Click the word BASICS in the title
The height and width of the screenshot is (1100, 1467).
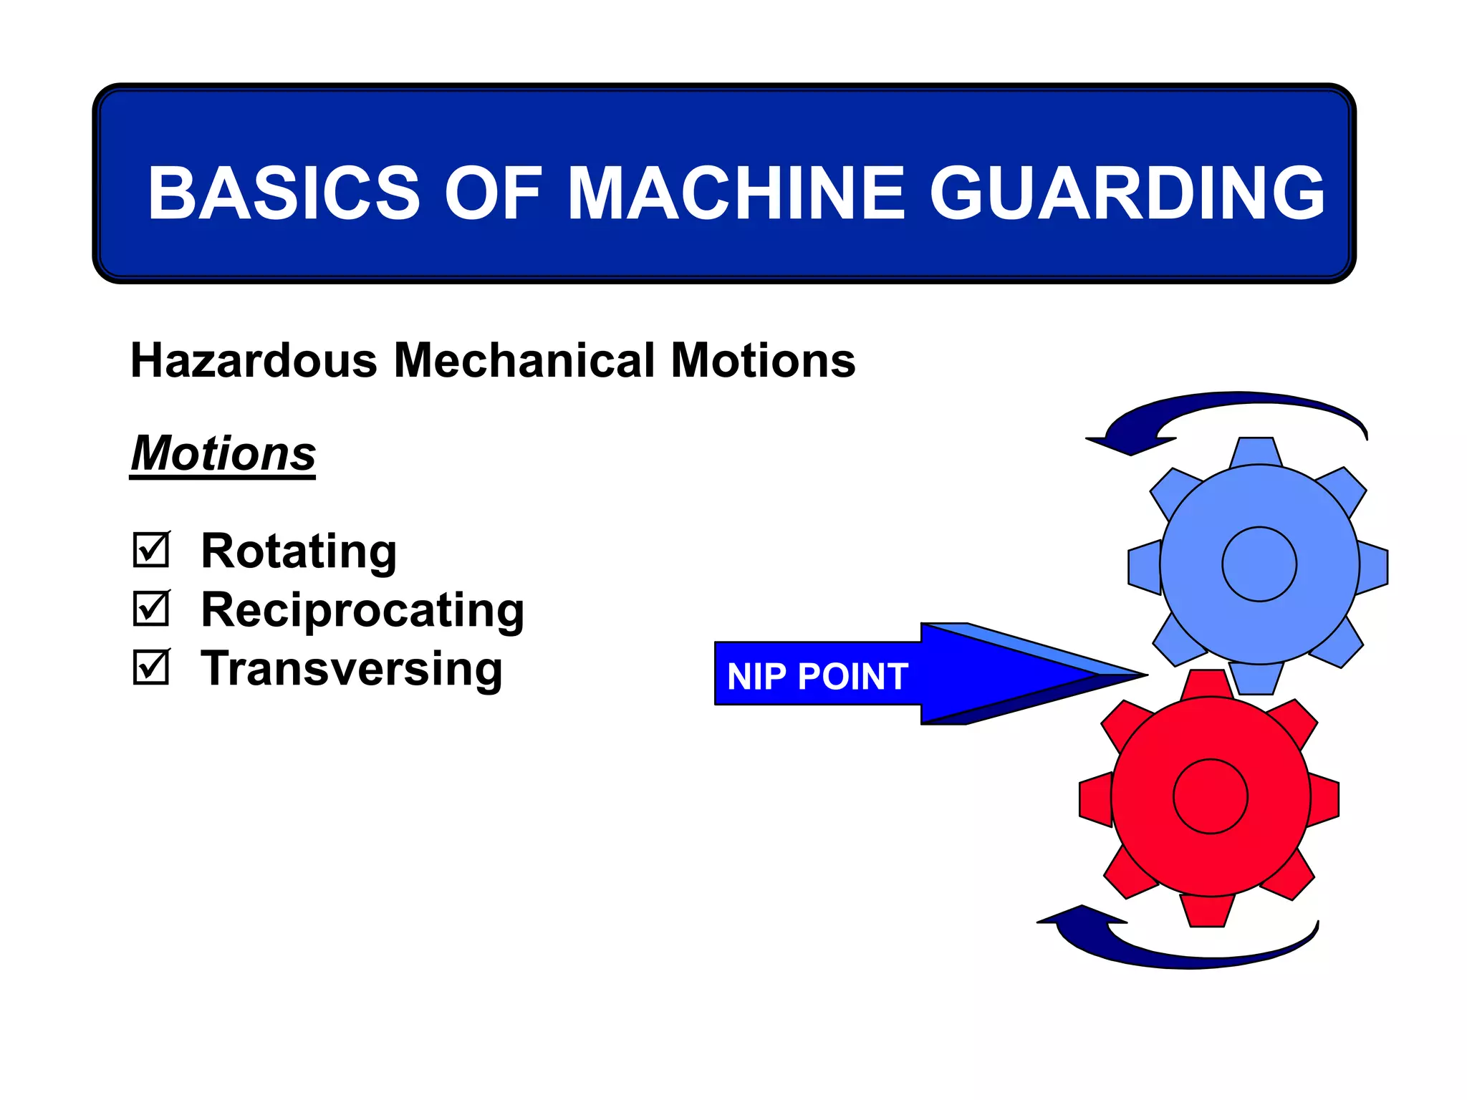(284, 193)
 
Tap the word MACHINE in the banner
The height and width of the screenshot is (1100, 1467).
(737, 193)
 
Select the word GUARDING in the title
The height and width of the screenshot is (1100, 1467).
(1127, 193)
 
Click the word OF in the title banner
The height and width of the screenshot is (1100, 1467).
(493, 193)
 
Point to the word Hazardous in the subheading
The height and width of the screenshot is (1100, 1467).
(254, 360)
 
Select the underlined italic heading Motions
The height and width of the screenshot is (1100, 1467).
(223, 453)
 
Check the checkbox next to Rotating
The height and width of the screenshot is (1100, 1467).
(151, 550)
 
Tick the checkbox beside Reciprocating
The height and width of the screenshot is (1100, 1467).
(151, 609)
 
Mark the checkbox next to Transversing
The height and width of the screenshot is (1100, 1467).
(151, 667)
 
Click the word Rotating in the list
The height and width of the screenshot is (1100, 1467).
(299, 551)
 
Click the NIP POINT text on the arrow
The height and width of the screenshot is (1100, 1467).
(817, 676)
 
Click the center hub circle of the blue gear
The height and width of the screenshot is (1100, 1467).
(1259, 564)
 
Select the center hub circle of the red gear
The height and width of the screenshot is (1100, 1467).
(1211, 796)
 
